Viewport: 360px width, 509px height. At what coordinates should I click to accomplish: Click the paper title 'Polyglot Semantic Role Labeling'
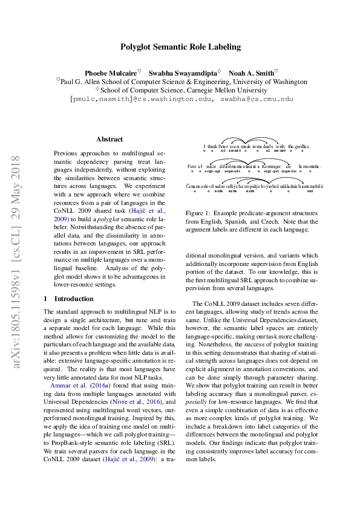coord(180,47)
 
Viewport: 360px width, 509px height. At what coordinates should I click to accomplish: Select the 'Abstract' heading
coord(109,139)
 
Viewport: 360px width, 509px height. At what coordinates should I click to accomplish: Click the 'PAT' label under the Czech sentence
coord(310,191)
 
